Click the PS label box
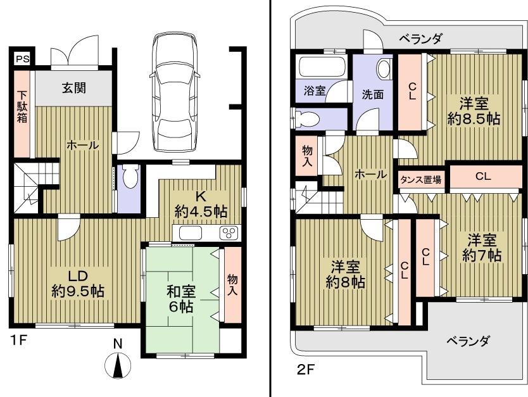(x=22, y=59)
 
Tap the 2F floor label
(x=306, y=369)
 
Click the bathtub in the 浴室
(x=322, y=67)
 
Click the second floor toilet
(x=308, y=118)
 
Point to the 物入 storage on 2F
(x=307, y=156)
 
